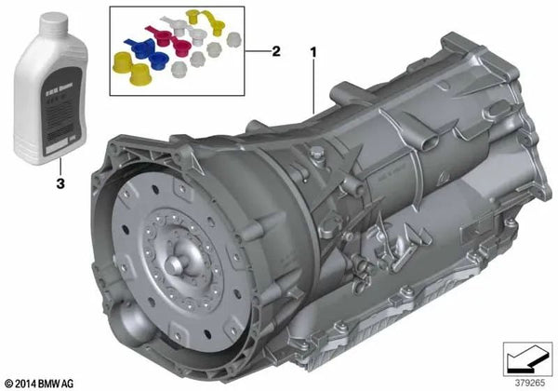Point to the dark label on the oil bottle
pos(52,101)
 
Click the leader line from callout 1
pos(314,93)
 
